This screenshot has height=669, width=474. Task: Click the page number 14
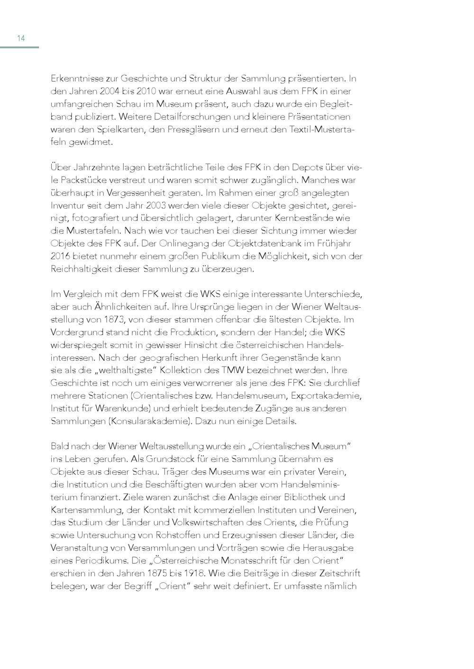(x=21, y=38)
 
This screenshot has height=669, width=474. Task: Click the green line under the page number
(x=19, y=47)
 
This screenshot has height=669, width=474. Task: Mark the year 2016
(x=61, y=257)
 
